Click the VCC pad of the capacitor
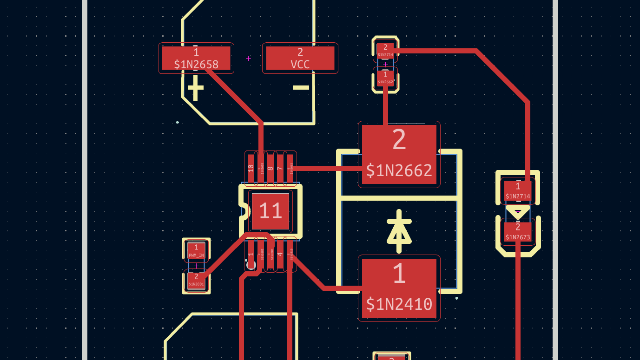tap(300, 58)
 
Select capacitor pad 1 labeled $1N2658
tap(196, 58)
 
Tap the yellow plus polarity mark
tap(195, 88)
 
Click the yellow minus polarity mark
tap(301, 87)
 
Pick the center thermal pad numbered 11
tap(270, 211)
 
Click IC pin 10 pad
tap(251, 168)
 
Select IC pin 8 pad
tap(271, 168)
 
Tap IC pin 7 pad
tap(280, 168)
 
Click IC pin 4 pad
tap(280, 254)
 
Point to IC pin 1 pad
tap(251, 254)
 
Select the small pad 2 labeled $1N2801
tap(196, 280)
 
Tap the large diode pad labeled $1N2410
tap(399, 288)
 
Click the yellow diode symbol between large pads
tap(399, 231)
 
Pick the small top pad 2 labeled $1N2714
tap(385, 50)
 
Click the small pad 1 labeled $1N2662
tap(385, 78)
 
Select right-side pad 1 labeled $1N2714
tap(518, 191)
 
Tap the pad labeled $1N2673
tap(518, 232)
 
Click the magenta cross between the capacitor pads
tap(248, 58)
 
